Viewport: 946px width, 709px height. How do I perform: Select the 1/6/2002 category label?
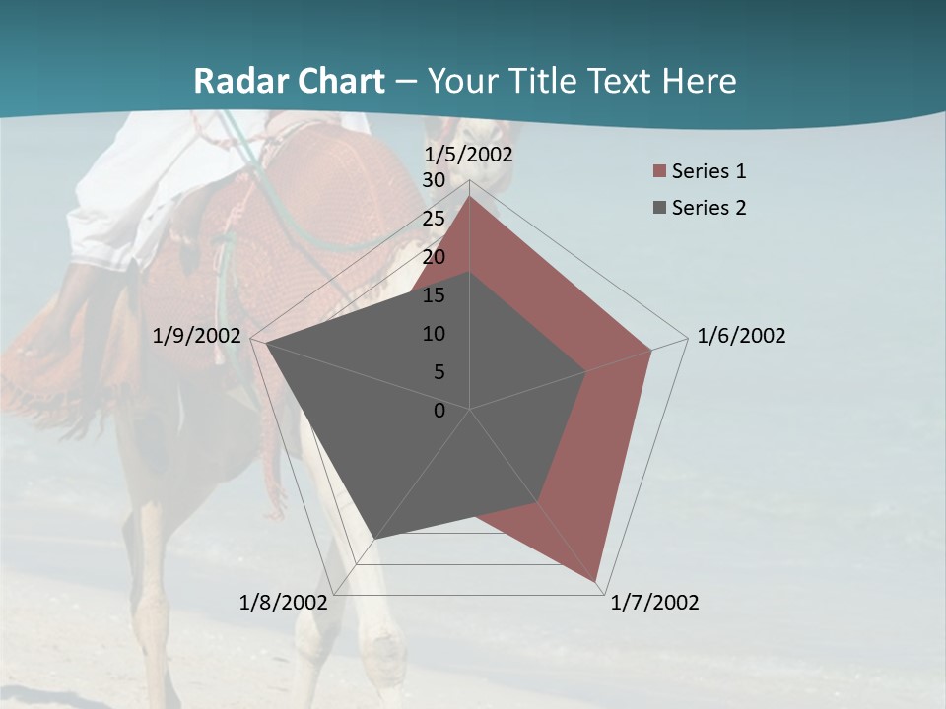pos(741,336)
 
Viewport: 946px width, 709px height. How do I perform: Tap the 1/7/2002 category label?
pos(654,603)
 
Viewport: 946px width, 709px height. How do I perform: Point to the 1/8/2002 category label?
pos(283,603)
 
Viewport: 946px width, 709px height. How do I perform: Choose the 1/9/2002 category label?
pos(197,336)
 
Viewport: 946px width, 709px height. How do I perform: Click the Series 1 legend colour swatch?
pos(659,171)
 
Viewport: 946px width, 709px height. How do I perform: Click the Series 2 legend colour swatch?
pos(659,208)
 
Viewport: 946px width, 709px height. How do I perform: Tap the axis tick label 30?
pos(434,180)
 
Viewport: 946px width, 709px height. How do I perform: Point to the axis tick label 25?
pos(434,219)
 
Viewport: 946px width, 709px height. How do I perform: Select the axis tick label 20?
pos(434,257)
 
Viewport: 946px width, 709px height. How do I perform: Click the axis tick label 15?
pos(434,295)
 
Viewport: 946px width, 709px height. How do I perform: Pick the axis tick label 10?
pos(434,334)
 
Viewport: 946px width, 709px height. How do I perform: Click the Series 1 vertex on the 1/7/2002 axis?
pos(598,581)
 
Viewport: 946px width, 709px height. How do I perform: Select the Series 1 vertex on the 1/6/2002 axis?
pos(651,350)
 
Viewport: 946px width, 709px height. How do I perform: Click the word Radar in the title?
pos(233,81)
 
